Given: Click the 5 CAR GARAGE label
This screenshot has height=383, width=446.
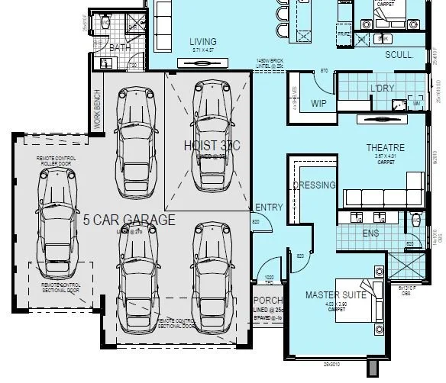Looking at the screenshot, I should (x=128, y=220).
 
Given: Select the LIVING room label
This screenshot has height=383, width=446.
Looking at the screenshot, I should (x=202, y=41).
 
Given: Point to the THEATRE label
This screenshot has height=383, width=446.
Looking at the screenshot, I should (x=385, y=147).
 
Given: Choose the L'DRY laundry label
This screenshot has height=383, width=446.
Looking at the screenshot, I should (x=381, y=88).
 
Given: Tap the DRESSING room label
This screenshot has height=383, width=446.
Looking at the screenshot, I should (x=313, y=185).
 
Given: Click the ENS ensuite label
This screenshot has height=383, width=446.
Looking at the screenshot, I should (x=370, y=233).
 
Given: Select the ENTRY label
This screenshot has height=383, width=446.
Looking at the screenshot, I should (x=269, y=208).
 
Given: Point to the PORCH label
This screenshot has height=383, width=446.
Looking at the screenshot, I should (x=268, y=299).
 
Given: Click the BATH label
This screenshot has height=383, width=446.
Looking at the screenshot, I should (x=121, y=48).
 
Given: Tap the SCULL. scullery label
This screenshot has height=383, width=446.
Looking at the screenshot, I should (x=399, y=55).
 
